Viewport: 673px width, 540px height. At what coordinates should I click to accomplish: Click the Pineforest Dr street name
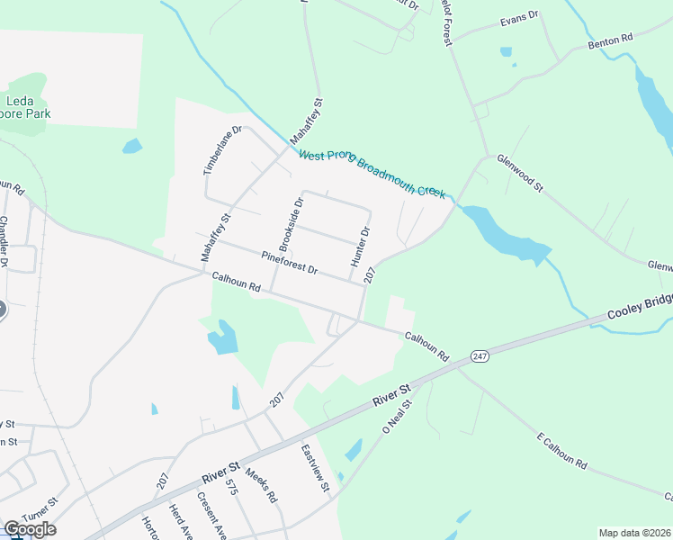pos(290,263)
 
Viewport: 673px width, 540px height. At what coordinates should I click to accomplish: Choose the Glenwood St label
pos(521,173)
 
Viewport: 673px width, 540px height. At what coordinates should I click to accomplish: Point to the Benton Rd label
pos(611,40)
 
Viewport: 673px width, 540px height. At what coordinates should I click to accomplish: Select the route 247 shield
pos(478,356)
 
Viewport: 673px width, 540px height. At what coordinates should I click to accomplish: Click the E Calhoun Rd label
pos(562,452)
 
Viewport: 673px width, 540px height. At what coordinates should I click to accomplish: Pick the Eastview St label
pos(316,469)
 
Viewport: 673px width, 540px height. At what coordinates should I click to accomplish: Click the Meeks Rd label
pos(261,484)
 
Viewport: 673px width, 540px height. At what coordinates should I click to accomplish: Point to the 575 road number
pos(231,487)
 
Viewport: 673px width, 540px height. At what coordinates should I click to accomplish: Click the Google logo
pos(30,529)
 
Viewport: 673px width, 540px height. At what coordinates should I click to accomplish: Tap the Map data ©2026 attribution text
pos(634,533)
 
